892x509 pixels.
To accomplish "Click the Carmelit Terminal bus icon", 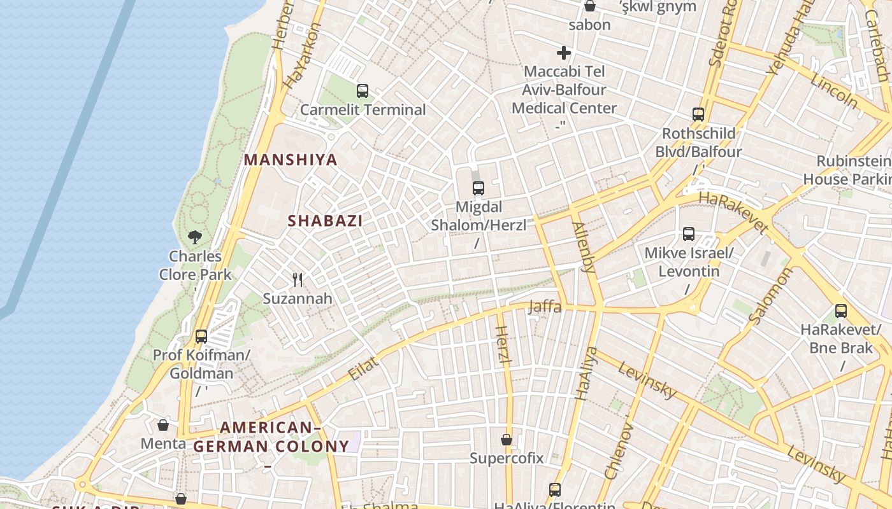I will click(x=363, y=91).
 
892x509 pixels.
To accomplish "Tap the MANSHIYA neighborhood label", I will click(x=291, y=160).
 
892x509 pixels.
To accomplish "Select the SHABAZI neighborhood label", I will click(x=325, y=221).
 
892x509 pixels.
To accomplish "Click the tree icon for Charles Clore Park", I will click(x=195, y=237).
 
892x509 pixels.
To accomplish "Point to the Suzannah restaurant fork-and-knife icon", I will click(x=297, y=279).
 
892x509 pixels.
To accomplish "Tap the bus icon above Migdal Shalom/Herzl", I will click(x=478, y=188).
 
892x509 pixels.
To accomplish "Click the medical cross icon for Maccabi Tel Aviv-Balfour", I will click(x=564, y=53).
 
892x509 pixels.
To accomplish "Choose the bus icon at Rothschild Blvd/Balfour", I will click(x=698, y=115).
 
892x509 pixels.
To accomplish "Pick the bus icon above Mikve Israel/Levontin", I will click(x=689, y=234).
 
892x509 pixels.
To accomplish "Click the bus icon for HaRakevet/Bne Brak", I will click(x=841, y=311).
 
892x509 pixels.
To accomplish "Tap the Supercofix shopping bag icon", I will click(x=507, y=440).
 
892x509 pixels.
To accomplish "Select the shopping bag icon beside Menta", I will click(x=163, y=425).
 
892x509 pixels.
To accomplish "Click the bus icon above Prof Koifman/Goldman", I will click(x=201, y=336).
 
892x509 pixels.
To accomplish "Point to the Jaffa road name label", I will click(x=545, y=307).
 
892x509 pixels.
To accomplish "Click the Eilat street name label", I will click(x=364, y=369).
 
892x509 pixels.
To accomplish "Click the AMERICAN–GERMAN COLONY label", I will click(x=271, y=437).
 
